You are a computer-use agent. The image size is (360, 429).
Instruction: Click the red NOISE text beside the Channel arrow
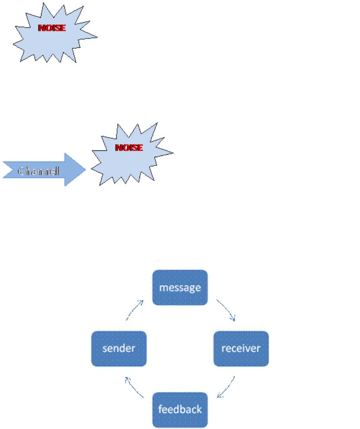pos(129,148)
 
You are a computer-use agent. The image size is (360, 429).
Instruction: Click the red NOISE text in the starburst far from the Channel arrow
pos(52,28)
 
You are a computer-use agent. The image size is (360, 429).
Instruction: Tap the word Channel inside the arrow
pos(38,171)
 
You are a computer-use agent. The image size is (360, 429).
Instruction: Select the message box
pos(180,288)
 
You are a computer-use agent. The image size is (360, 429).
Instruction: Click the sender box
pos(119,349)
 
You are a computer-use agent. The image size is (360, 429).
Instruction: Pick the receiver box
pos(241,349)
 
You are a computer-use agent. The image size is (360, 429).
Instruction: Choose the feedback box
pos(180,410)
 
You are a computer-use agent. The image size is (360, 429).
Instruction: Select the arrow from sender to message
pos(134,310)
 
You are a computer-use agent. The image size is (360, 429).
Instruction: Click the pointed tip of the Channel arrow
pos(86,170)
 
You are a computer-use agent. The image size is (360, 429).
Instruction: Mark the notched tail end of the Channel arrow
pos(10,170)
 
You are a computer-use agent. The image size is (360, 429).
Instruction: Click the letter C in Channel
pos(21,171)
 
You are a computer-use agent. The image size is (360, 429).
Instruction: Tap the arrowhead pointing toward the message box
pos(141,302)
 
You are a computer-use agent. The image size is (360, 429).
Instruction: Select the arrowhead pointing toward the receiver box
pos(233,318)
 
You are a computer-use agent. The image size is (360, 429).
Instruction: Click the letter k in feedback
pos(199,409)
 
